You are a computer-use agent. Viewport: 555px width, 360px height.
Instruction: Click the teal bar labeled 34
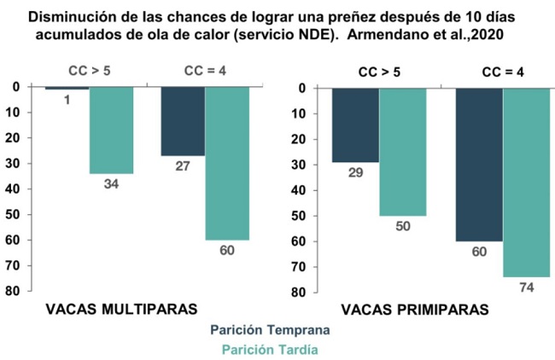111,130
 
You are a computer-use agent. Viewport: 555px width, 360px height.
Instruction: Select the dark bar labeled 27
183,120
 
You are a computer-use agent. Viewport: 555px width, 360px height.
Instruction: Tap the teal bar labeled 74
526,182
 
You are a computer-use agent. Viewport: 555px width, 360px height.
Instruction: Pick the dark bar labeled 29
356,125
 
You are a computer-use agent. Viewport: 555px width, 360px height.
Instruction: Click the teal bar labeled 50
402,151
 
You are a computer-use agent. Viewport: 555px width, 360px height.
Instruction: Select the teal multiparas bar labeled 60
227,163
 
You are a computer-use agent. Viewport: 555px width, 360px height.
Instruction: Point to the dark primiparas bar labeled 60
478,164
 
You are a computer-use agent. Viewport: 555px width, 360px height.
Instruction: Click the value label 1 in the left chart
67,100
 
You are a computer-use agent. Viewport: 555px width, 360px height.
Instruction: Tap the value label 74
526,287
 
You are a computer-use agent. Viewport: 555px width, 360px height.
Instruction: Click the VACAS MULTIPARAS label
109,308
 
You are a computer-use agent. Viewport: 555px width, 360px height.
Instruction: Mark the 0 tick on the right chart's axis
302,88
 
